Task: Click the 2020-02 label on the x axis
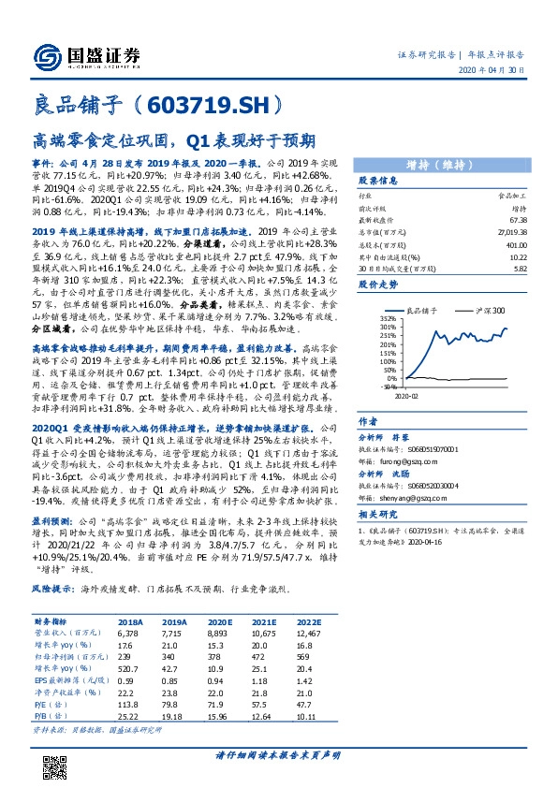(x=416, y=396)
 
